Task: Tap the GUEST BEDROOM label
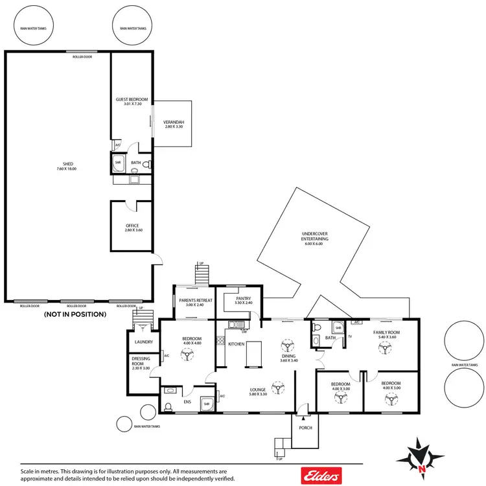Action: point(132,99)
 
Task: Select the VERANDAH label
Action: point(174,122)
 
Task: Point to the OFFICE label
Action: point(132,226)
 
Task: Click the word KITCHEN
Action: point(236,343)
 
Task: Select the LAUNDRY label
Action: point(143,341)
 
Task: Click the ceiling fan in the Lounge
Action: point(279,388)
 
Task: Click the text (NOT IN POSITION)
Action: point(75,314)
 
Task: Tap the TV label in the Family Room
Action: point(349,336)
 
